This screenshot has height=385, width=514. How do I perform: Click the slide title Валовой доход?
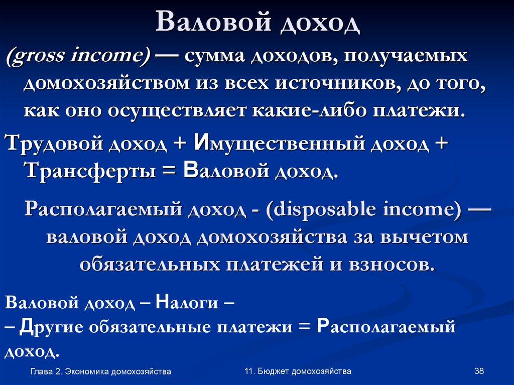tap(257, 23)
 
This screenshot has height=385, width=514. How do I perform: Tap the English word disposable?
tap(333, 209)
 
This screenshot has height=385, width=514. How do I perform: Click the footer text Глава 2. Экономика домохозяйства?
tap(100, 371)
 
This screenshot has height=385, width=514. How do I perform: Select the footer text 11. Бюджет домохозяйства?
tap(298, 371)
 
